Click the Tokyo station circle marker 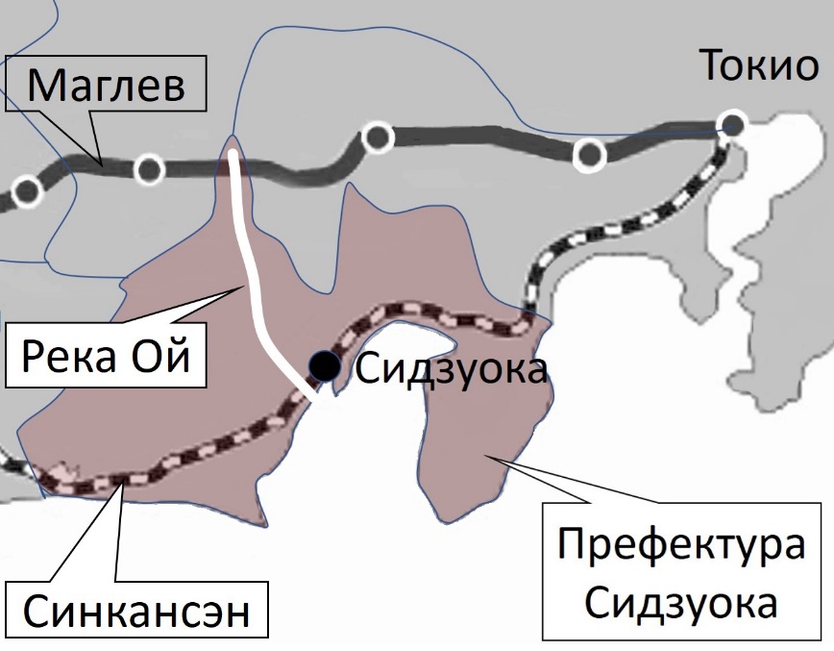(x=733, y=124)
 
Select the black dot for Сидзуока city (x=324, y=365)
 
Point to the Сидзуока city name (x=451, y=369)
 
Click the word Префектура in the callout (x=683, y=547)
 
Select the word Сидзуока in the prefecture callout (x=681, y=604)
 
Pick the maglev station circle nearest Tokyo (x=589, y=152)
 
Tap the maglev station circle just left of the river (x=148, y=168)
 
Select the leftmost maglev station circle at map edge (x=27, y=190)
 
